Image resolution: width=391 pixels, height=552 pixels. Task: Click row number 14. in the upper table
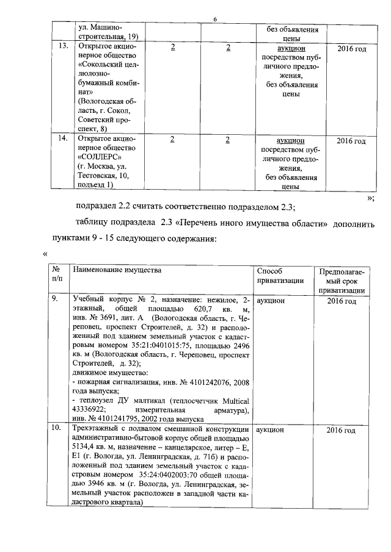click(x=62, y=140)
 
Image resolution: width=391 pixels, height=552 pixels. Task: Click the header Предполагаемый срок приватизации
click(x=342, y=281)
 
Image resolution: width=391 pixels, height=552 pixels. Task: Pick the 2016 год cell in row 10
click(x=341, y=431)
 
